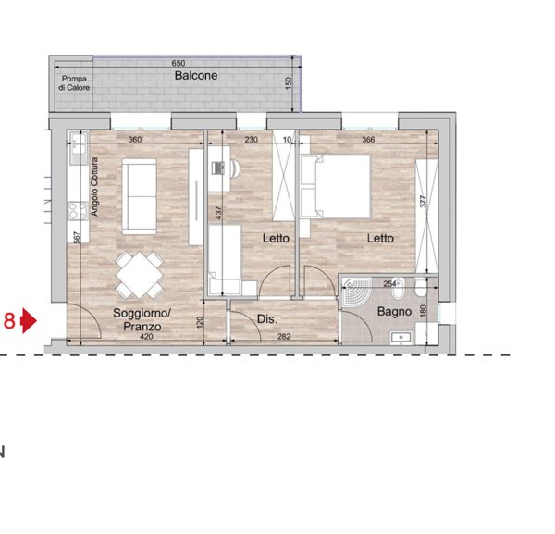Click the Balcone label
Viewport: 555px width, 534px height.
(x=196, y=75)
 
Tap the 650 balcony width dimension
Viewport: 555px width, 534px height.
(x=179, y=63)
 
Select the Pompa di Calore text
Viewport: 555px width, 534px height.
(x=74, y=83)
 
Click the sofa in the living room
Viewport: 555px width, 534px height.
(x=139, y=196)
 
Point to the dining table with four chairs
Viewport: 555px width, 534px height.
(x=139, y=275)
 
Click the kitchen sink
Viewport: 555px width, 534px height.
(x=79, y=148)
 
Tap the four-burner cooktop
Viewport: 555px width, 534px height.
(x=78, y=211)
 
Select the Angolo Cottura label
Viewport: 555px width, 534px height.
(x=94, y=187)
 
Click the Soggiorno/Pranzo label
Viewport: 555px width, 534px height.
(x=142, y=319)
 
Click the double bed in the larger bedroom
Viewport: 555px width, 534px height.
(x=336, y=186)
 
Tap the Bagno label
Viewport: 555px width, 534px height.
(x=394, y=312)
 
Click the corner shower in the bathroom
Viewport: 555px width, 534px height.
(x=357, y=292)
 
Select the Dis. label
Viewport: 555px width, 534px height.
(x=267, y=319)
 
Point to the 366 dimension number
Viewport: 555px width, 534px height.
(x=368, y=140)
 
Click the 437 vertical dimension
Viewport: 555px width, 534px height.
(x=218, y=213)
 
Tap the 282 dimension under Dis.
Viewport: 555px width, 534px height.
(x=284, y=336)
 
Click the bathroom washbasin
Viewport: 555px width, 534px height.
(x=401, y=338)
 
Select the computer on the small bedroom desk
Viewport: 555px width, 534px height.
(x=218, y=168)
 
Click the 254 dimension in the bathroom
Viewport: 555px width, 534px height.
(x=389, y=283)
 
